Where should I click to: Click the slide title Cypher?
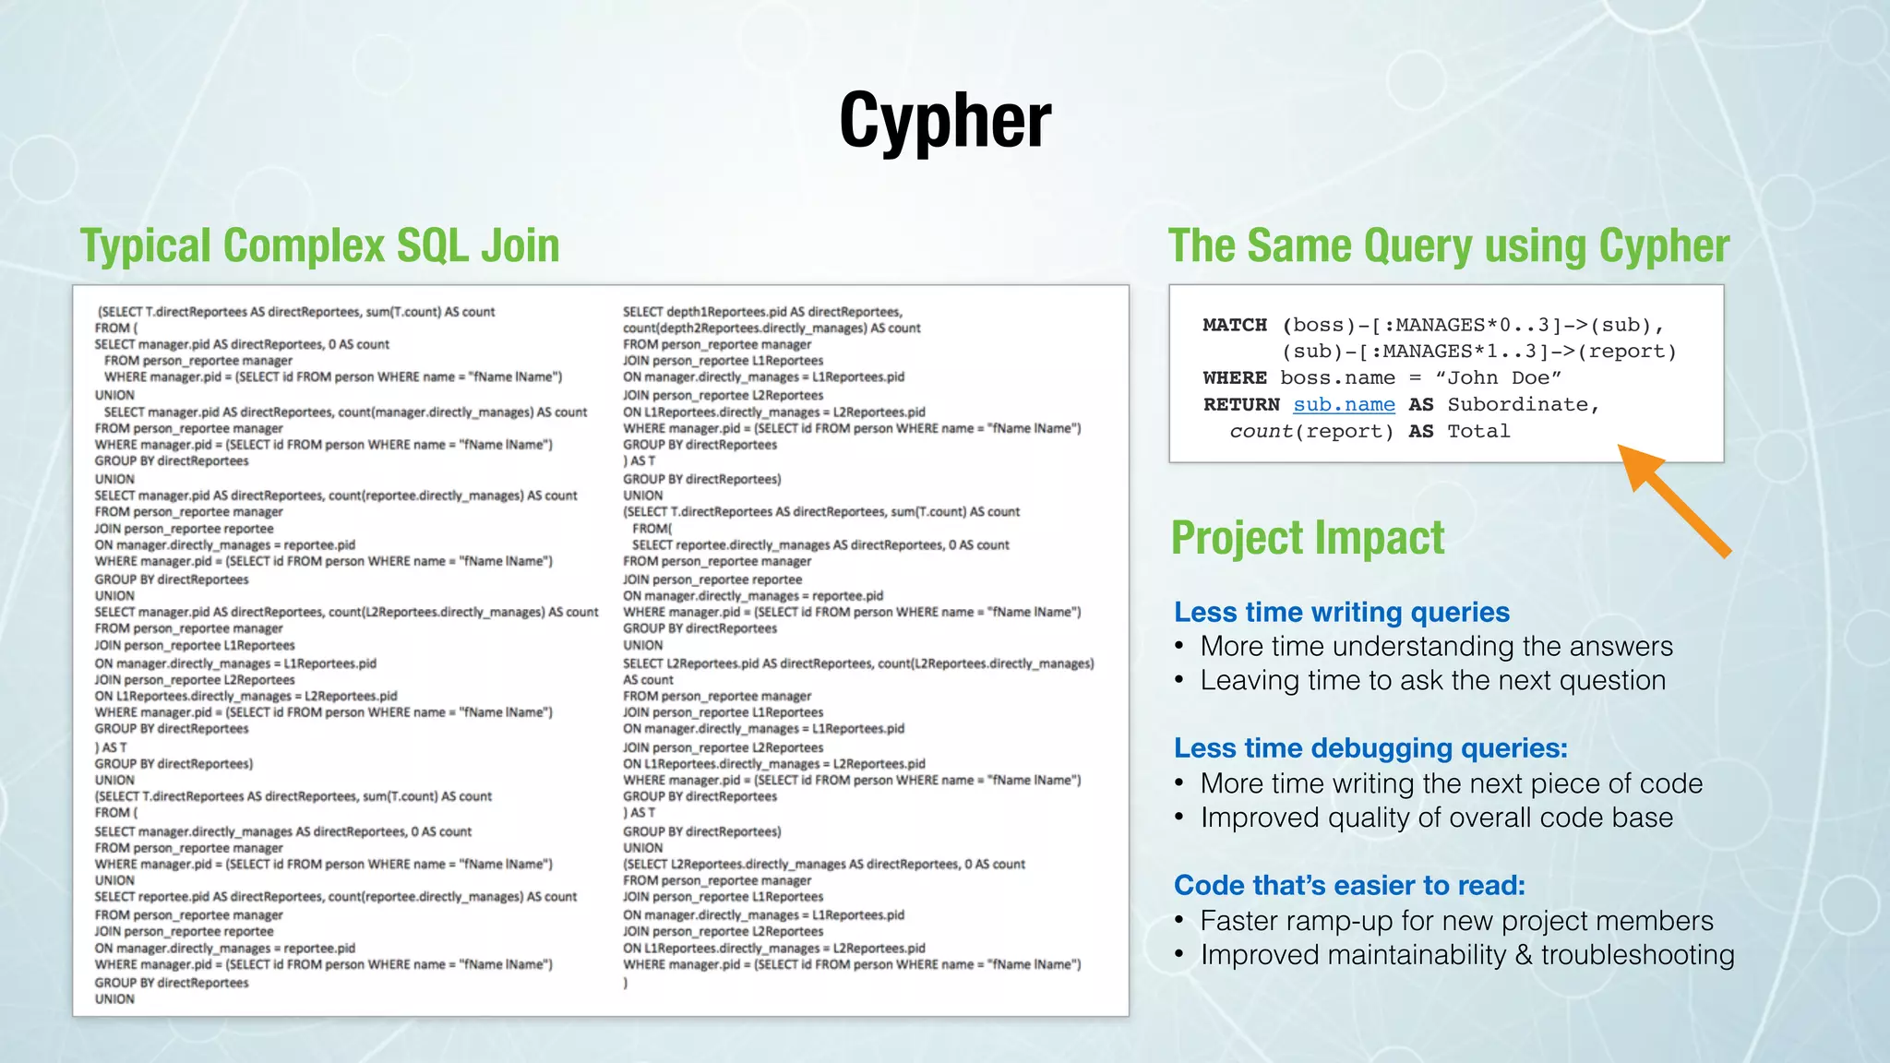pyautogui.click(x=945, y=121)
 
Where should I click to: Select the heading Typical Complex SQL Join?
pyautogui.click(x=319, y=246)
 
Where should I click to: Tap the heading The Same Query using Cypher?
pyautogui.click(x=1448, y=246)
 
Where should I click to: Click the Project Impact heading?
pyautogui.click(x=1307, y=538)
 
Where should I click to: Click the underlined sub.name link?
pyautogui.click(x=1344, y=405)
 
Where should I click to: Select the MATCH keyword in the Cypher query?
pyautogui.click(x=1235, y=325)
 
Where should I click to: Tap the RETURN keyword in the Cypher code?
pyautogui.click(x=1241, y=405)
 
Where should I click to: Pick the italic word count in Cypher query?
pyautogui.click(x=1261, y=432)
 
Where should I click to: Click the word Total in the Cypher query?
pyautogui.click(x=1478, y=432)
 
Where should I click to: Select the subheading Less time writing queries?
pyautogui.click(x=1342, y=612)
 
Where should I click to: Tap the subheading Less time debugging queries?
pyautogui.click(x=1370, y=748)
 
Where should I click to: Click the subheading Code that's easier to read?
pyautogui.click(x=1349, y=886)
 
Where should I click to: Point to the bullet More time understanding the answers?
pyautogui.click(x=1436, y=647)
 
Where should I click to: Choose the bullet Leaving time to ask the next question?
pyautogui.click(x=1432, y=681)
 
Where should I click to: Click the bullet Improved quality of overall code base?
pyautogui.click(x=1436, y=818)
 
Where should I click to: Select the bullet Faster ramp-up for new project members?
pyautogui.click(x=1456, y=921)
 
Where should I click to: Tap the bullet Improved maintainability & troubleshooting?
pyautogui.click(x=1467, y=955)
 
